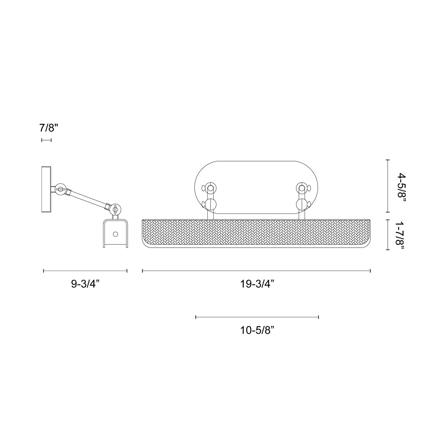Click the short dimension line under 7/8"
tap(46, 140)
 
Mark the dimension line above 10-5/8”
tap(257, 317)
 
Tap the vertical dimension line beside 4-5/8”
tap(387, 186)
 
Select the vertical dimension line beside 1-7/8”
tap(387, 235)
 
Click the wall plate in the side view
tap(46, 189)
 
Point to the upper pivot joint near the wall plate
tap(61, 189)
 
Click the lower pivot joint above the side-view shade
tap(115, 209)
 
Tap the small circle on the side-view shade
tap(115, 234)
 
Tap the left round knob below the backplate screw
tap(211, 204)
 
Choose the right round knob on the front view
tap(301, 204)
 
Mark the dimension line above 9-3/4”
tap(85, 271)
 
